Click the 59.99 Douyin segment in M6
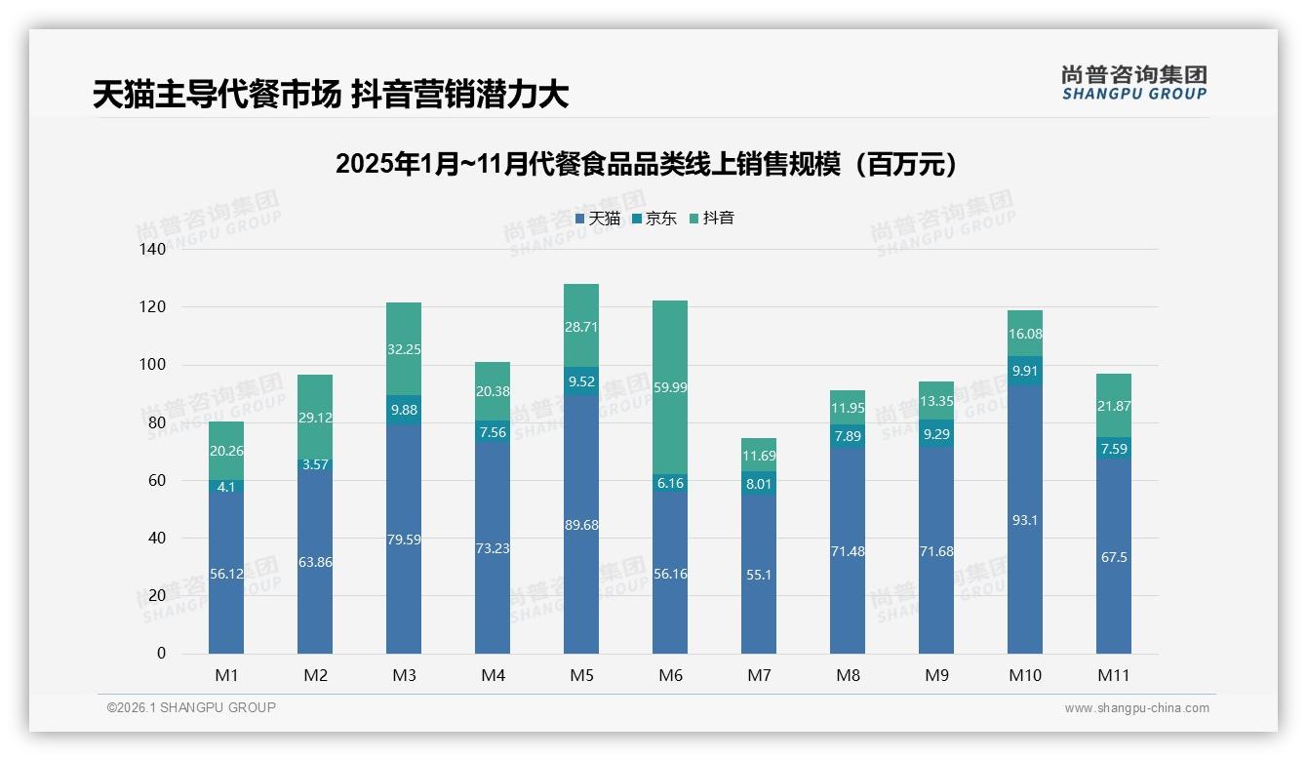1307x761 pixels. (670, 387)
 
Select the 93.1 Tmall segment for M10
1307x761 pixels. (1025, 519)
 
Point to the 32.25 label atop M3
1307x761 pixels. (404, 349)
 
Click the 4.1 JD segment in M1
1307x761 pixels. (226, 486)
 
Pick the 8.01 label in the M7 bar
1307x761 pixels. (759, 483)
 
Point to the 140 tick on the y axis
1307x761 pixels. (153, 249)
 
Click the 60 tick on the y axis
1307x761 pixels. (157, 480)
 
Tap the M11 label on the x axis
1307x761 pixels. (1114, 675)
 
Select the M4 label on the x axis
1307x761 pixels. (493, 675)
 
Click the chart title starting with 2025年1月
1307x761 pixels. (646, 164)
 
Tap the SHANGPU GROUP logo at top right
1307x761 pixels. (1133, 83)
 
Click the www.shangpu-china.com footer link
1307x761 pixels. (1136, 708)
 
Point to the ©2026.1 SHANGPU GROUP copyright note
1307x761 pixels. (191, 707)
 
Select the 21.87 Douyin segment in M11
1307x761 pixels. (1114, 405)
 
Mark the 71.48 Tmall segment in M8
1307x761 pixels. (848, 551)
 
